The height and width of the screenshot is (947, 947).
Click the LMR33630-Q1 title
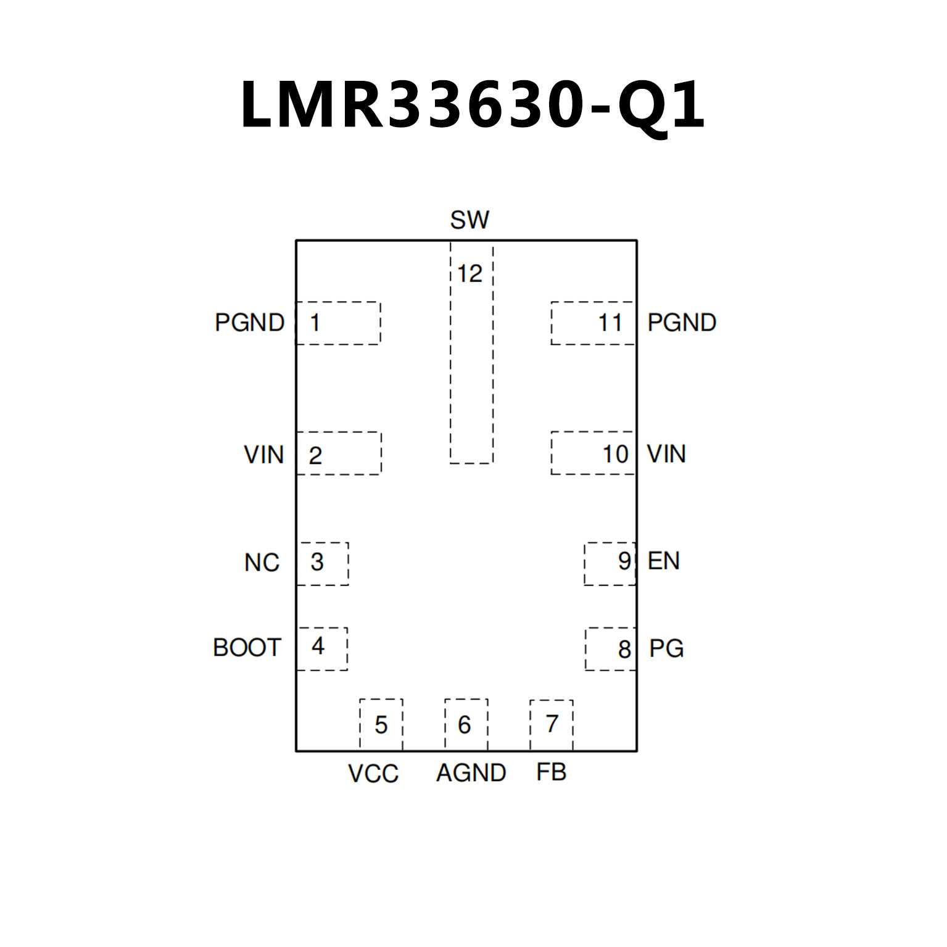pos(473,105)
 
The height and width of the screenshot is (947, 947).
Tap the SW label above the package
pos(469,220)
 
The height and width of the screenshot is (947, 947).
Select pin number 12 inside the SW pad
pos(469,273)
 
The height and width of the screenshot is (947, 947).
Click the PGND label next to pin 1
pos(249,323)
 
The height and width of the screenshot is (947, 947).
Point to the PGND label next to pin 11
pos(682,323)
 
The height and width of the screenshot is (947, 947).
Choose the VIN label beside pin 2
pos(264,455)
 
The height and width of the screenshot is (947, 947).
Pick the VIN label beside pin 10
pos(666,454)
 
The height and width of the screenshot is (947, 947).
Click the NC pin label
pos(262,563)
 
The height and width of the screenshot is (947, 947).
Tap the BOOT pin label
pos(247,648)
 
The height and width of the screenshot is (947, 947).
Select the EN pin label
pos(664,561)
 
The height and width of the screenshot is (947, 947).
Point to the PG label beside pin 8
pos(666,648)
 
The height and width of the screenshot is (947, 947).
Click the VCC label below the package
pos(373,774)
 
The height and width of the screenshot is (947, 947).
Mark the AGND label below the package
pos(471,773)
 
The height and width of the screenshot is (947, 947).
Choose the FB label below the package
pos(551,772)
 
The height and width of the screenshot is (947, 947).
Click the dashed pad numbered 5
pos(381,724)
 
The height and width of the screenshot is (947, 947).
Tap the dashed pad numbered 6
pos(466,724)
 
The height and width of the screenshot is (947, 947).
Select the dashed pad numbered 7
pos(552,724)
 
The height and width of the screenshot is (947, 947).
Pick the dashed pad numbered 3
pos(323,563)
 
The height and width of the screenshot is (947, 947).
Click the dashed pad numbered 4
pos(322,648)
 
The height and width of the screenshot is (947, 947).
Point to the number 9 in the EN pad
pos(624,561)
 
